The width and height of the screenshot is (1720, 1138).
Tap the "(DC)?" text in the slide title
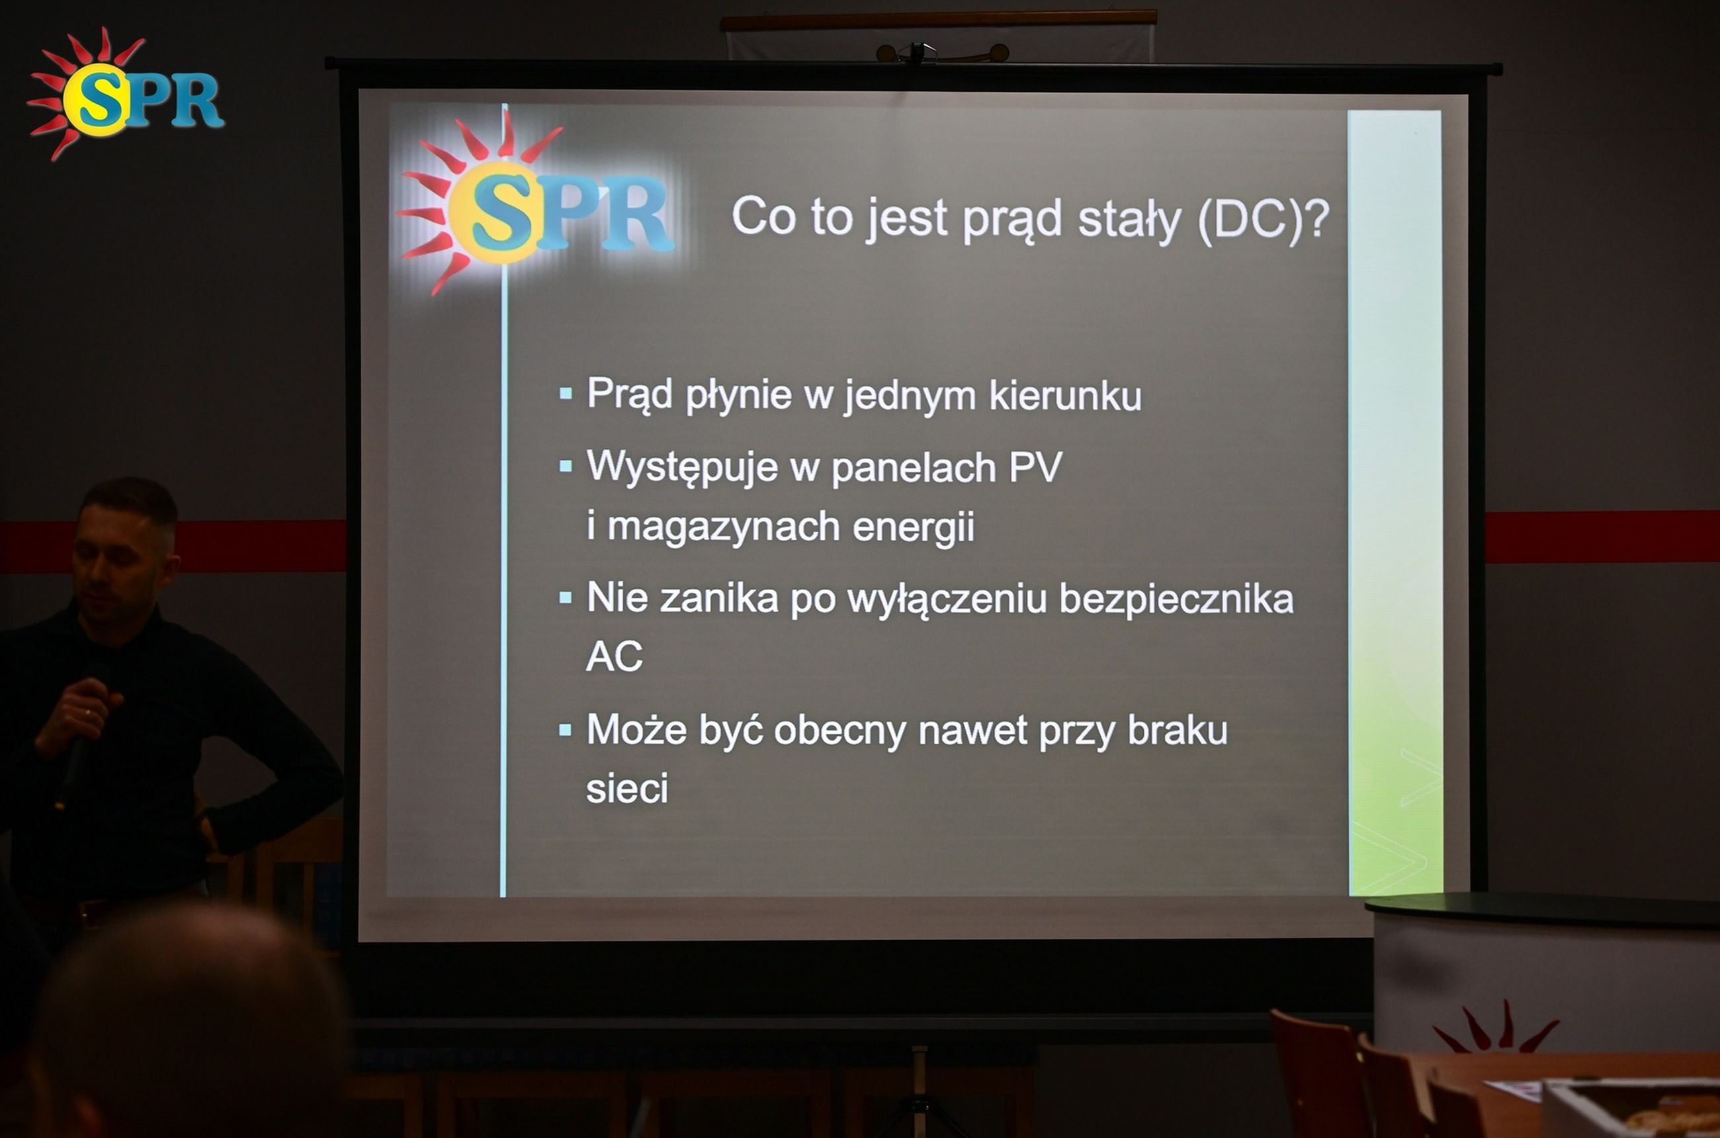(1264, 218)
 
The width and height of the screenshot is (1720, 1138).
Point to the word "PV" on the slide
(1035, 466)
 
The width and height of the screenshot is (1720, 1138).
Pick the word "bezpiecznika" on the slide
(1176, 599)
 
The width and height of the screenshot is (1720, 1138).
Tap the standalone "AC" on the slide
(614, 656)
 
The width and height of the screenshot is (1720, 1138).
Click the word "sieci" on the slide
(627, 788)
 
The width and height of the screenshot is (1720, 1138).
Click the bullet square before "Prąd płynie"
(566, 394)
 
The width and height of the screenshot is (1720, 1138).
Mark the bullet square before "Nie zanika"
(566, 598)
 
